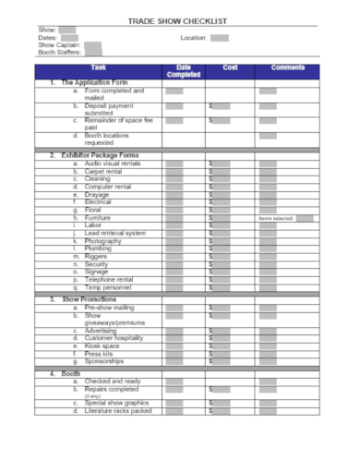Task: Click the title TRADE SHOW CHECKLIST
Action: pyautogui.click(x=180, y=19)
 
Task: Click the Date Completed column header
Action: pyautogui.click(x=183, y=71)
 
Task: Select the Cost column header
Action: pyautogui.click(x=230, y=67)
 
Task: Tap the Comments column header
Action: pyautogui.click(x=286, y=67)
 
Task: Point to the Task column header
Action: pyautogui.click(x=99, y=67)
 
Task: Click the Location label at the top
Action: pyautogui.click(x=194, y=38)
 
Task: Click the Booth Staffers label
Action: pyautogui.click(x=60, y=53)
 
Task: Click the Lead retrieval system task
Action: pyautogui.click(x=115, y=233)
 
